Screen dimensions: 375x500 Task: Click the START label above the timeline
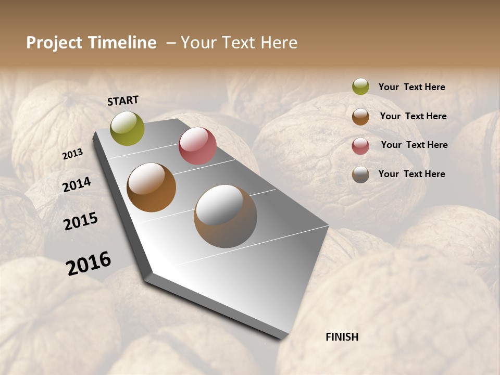(x=123, y=101)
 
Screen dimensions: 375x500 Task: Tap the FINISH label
(x=342, y=337)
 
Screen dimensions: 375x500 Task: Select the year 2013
(x=72, y=154)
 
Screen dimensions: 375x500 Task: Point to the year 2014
(x=77, y=184)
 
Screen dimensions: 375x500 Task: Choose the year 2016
(x=89, y=264)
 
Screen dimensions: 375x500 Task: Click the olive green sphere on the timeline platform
(x=127, y=128)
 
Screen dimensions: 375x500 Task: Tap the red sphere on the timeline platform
(x=197, y=146)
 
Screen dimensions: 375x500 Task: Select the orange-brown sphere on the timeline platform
(x=151, y=187)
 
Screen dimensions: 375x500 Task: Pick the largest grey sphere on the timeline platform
(x=226, y=216)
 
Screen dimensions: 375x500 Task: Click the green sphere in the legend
(x=360, y=86)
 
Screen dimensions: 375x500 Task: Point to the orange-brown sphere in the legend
(x=360, y=117)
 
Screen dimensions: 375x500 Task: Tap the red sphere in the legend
(x=360, y=146)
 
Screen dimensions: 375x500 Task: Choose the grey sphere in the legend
(x=360, y=174)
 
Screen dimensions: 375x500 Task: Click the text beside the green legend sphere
(x=411, y=87)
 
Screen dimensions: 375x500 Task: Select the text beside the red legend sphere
(x=414, y=145)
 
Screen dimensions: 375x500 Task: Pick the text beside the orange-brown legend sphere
(x=413, y=116)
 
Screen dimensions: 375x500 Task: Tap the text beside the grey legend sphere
(x=411, y=174)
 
